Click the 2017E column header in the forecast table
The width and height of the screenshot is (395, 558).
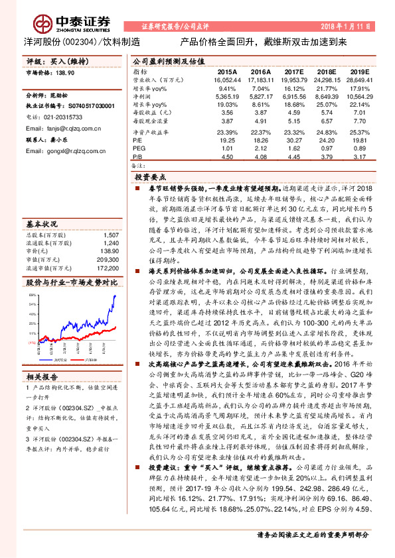(x=293, y=71)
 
